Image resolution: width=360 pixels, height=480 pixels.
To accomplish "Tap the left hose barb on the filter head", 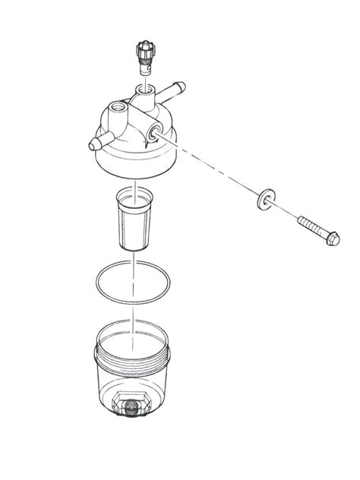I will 96,142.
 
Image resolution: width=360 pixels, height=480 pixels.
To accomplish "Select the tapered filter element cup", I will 133,224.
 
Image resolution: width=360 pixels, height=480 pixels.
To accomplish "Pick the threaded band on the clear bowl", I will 134,363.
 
